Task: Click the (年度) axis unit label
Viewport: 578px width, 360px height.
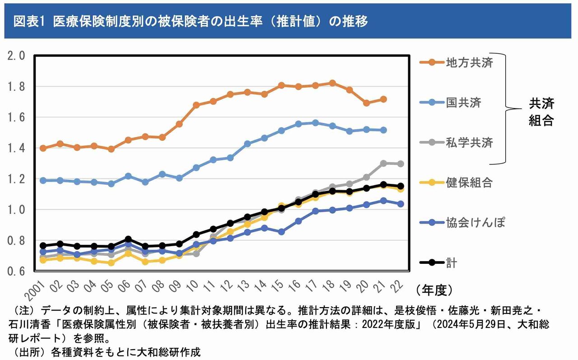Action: point(433,289)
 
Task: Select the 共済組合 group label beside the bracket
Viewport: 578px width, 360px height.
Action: point(541,112)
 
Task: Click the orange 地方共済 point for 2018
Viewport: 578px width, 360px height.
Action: point(332,83)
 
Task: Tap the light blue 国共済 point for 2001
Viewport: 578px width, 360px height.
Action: point(43,180)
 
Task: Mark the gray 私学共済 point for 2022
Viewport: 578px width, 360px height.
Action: point(401,164)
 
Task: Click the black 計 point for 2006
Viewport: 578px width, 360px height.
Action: point(129,239)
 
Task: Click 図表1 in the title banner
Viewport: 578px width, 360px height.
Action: point(28,21)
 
